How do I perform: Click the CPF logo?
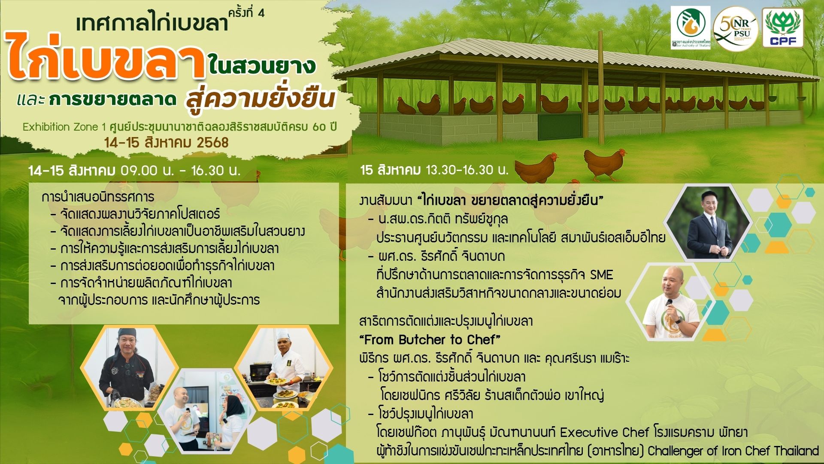click(783, 28)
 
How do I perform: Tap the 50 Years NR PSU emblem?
click(736, 29)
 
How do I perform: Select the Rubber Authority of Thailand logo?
click(691, 28)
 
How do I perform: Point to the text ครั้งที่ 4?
click(246, 13)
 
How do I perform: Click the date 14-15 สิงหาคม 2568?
click(167, 143)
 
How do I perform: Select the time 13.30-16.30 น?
click(467, 170)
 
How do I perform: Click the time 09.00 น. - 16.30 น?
click(181, 171)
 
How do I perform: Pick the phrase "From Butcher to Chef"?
click(430, 340)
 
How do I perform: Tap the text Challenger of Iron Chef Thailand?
click(733, 451)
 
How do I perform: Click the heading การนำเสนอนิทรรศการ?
click(98, 197)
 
